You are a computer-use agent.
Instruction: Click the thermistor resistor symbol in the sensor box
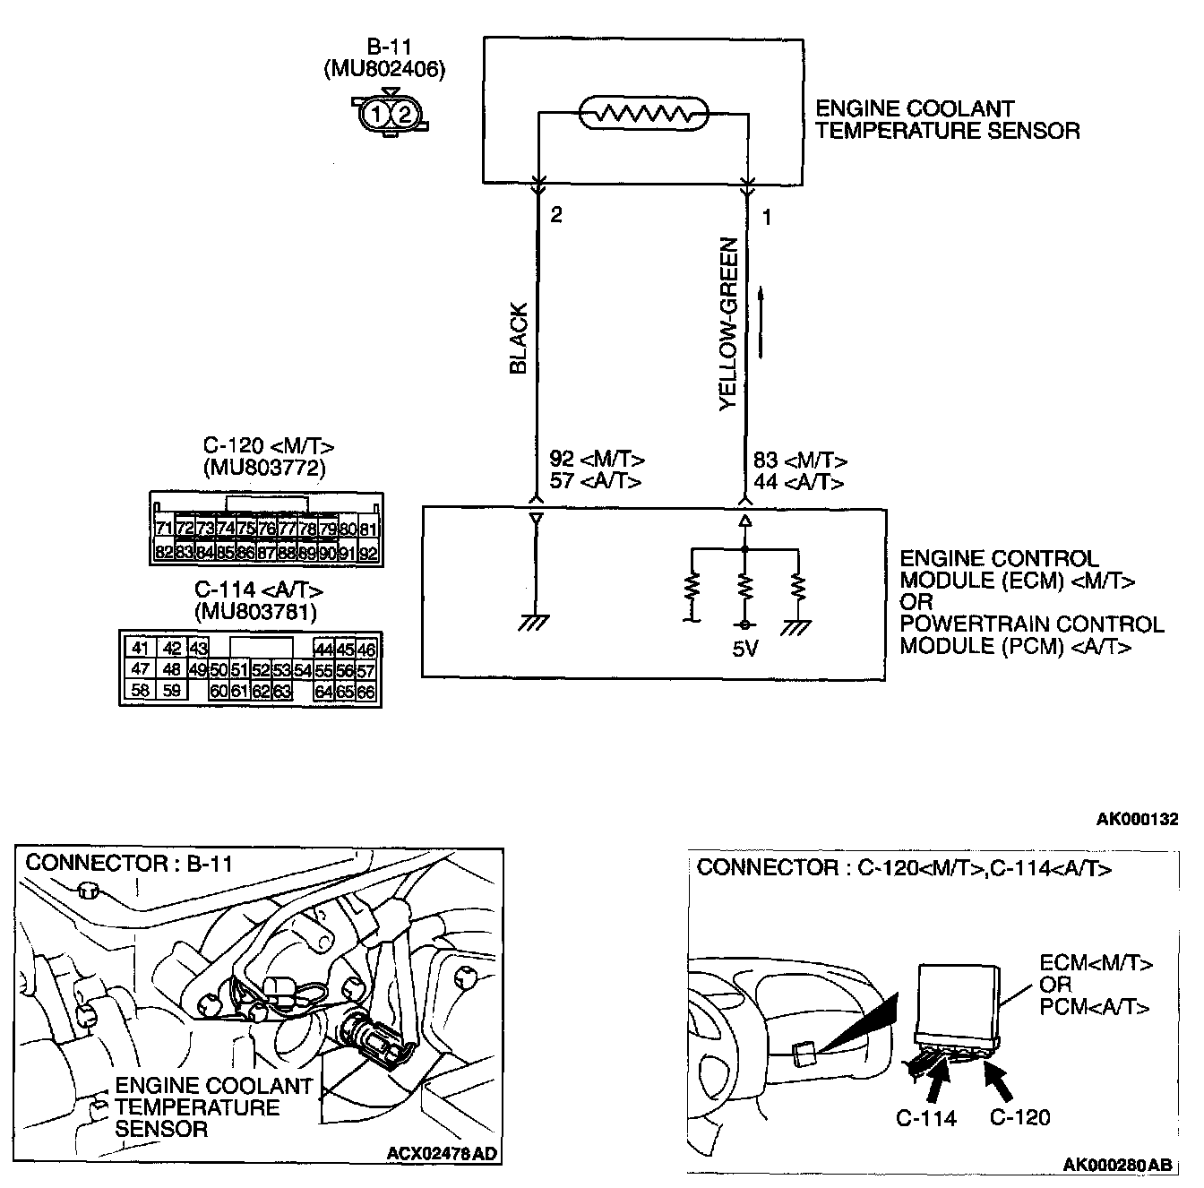643,114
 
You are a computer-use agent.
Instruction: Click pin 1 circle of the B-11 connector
378,114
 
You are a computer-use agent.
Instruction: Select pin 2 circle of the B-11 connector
404,114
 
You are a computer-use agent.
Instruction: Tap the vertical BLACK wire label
518,339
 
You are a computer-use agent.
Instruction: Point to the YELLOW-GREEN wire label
729,324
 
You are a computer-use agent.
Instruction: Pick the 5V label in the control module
745,649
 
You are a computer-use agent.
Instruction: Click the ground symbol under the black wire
535,623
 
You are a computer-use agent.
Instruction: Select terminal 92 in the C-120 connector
368,554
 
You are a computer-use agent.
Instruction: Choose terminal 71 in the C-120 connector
164,529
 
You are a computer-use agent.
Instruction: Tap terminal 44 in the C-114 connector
323,649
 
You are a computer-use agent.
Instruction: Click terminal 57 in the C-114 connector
365,670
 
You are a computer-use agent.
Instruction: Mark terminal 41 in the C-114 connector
140,649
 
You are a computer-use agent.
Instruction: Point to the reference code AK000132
1138,819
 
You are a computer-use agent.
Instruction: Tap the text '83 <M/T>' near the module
800,461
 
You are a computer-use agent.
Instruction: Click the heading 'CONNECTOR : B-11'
129,863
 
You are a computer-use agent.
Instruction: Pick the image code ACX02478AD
442,1153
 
